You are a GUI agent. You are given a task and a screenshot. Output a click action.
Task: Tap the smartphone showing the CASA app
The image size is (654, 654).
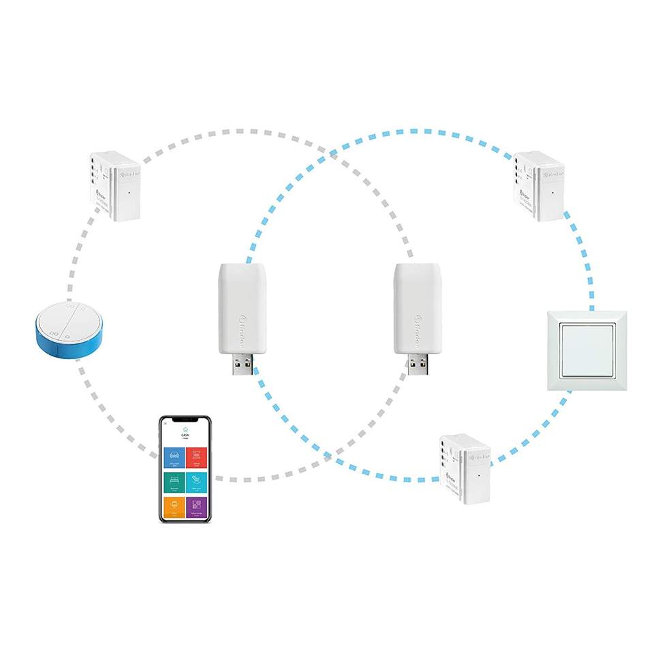pyautogui.click(x=185, y=469)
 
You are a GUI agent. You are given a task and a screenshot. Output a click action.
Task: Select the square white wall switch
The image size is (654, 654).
pyautogui.click(x=587, y=350)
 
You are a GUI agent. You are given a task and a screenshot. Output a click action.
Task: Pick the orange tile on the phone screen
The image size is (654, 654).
pyautogui.click(x=174, y=507)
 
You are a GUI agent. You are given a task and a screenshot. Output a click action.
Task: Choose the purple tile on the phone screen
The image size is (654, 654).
pyautogui.click(x=196, y=507)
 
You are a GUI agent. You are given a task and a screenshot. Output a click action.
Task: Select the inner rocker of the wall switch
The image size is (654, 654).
pyautogui.click(x=587, y=350)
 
